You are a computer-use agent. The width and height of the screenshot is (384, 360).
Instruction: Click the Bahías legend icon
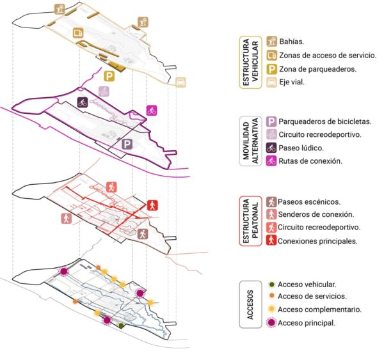click(x=271, y=42)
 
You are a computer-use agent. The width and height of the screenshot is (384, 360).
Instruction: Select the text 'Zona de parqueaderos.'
click(x=314, y=68)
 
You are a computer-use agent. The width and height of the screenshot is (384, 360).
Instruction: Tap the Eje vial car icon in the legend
click(x=271, y=82)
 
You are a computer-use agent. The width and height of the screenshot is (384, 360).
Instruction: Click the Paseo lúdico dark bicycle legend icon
click(x=271, y=148)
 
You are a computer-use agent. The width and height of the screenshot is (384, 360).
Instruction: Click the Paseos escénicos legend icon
click(x=271, y=201)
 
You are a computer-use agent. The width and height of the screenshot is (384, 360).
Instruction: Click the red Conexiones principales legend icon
click(x=271, y=241)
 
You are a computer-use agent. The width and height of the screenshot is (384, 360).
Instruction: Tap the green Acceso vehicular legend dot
click(x=271, y=284)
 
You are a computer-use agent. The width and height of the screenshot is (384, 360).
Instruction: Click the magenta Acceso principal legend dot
click(x=271, y=323)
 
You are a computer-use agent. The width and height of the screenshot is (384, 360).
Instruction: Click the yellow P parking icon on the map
click(x=110, y=77)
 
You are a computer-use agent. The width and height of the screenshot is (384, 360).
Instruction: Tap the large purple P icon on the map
click(x=127, y=145)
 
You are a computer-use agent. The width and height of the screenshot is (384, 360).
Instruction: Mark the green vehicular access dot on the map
click(x=121, y=325)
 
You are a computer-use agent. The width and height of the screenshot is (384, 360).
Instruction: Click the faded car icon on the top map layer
click(x=181, y=82)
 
